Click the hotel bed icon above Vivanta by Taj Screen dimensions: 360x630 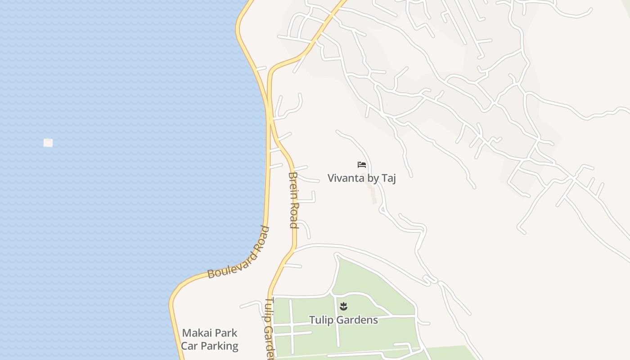click(362, 165)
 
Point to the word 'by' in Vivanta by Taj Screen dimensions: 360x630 click(373, 179)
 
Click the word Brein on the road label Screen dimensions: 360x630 click(294, 184)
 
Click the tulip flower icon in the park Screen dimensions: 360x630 click(344, 307)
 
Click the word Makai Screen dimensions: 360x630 click(197, 333)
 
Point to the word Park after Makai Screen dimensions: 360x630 click(225, 333)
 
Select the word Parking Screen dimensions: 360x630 click(219, 346)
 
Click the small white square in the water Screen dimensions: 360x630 click(48, 143)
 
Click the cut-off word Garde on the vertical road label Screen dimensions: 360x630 click(269, 342)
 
